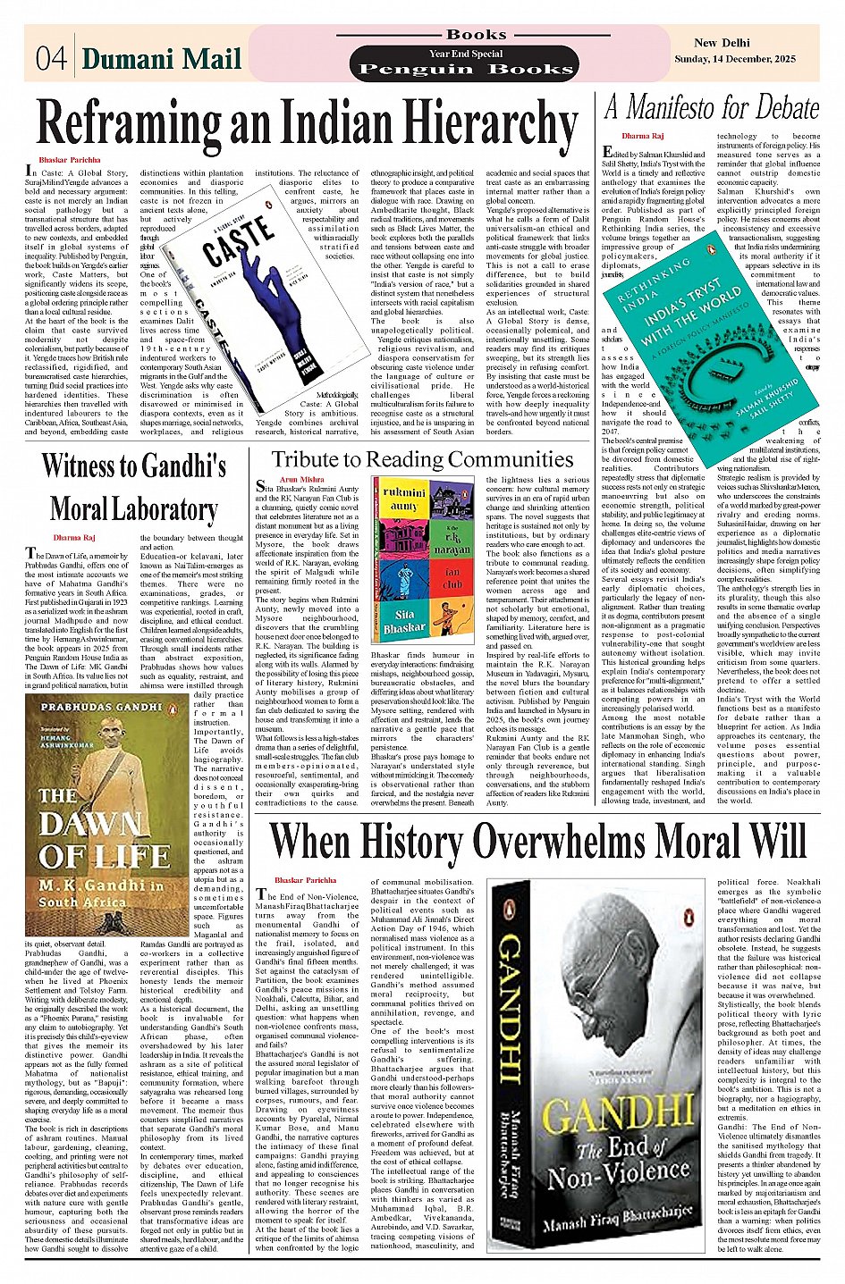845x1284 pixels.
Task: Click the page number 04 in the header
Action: tap(51, 58)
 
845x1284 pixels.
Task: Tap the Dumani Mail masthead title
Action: tap(162, 59)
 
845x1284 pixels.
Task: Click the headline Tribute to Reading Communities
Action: tap(422, 459)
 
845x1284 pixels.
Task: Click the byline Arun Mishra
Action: tap(301, 480)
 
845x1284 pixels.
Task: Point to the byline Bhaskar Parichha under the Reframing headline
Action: tap(70, 159)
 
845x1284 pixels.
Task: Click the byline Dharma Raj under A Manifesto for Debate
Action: tap(642, 137)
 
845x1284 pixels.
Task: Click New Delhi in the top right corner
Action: tap(722, 43)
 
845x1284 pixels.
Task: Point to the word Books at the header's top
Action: tap(476, 35)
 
